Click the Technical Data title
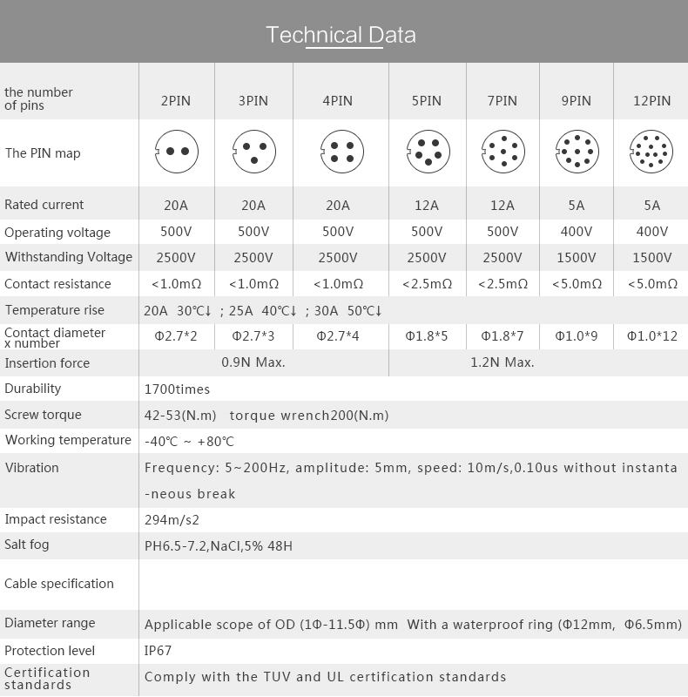(x=341, y=35)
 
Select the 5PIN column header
(x=427, y=100)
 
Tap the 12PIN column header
(x=651, y=100)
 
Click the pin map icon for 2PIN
(x=176, y=152)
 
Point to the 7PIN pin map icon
(x=503, y=152)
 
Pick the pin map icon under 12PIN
(x=651, y=152)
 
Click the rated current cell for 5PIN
(x=427, y=206)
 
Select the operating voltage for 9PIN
(x=577, y=232)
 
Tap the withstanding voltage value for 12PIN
(x=651, y=257)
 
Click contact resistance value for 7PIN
(x=503, y=284)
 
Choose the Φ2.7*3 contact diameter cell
(x=253, y=335)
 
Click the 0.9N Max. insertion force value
(x=253, y=362)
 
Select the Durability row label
(x=33, y=389)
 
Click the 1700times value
(x=177, y=389)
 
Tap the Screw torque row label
(x=43, y=415)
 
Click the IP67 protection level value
(x=157, y=650)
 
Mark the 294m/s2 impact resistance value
(x=172, y=519)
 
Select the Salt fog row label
(x=27, y=545)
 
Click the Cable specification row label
(x=59, y=584)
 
